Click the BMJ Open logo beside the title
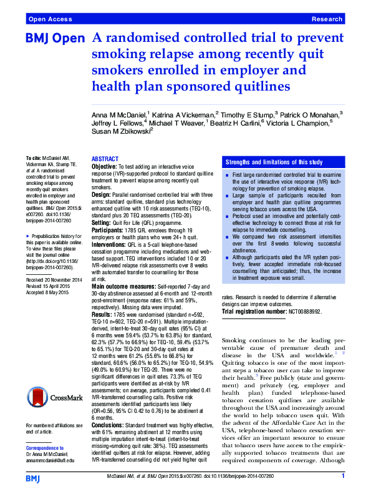click(x=54, y=39)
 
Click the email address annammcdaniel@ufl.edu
click(x=49, y=460)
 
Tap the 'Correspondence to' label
click(x=45, y=449)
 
